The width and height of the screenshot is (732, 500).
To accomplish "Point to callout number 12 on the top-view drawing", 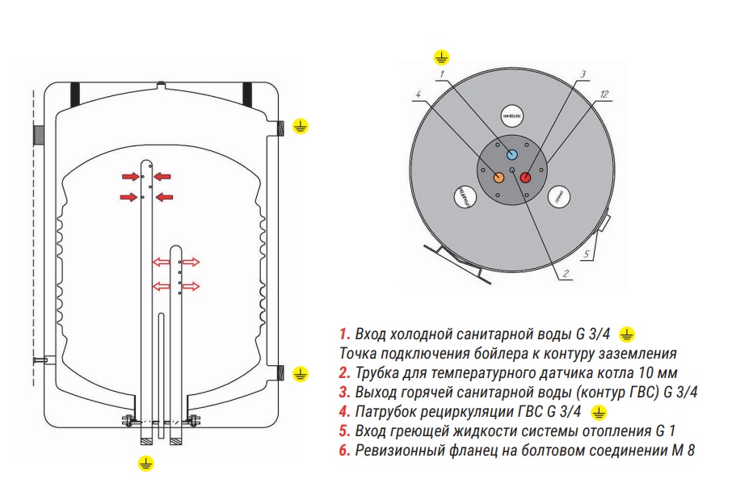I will [605, 95].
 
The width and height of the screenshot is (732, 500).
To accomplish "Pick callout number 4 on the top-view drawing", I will [418, 95].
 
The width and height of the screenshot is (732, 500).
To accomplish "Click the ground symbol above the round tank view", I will [441, 56].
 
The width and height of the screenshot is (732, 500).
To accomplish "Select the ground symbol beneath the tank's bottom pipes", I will [145, 462].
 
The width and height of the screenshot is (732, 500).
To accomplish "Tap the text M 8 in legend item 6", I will [684, 451].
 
